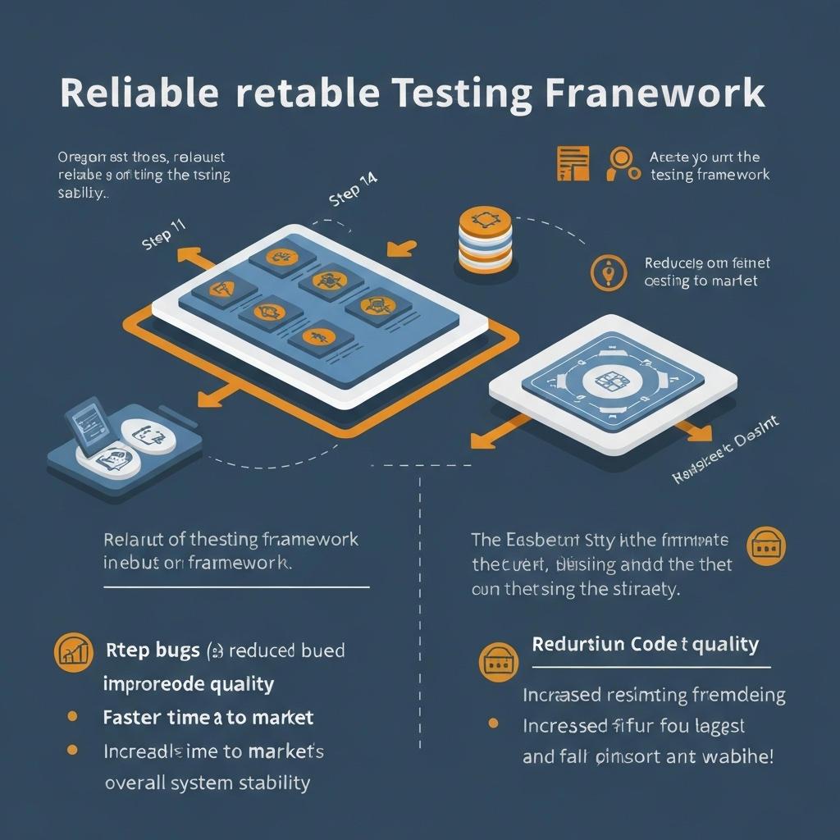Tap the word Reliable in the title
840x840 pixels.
(x=139, y=93)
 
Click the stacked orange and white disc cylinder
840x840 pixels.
(x=485, y=240)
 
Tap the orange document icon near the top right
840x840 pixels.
(x=573, y=163)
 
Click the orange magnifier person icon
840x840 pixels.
(x=623, y=163)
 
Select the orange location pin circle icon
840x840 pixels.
(x=608, y=272)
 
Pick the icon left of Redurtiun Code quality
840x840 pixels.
(x=497, y=659)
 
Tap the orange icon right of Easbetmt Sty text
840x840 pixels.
(x=767, y=546)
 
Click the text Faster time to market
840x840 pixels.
(x=208, y=718)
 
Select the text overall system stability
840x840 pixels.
(x=207, y=783)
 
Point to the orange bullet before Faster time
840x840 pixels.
(x=72, y=717)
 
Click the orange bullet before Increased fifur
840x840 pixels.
(x=493, y=724)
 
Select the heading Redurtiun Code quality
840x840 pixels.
(x=645, y=644)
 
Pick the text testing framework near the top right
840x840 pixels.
(x=710, y=175)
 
